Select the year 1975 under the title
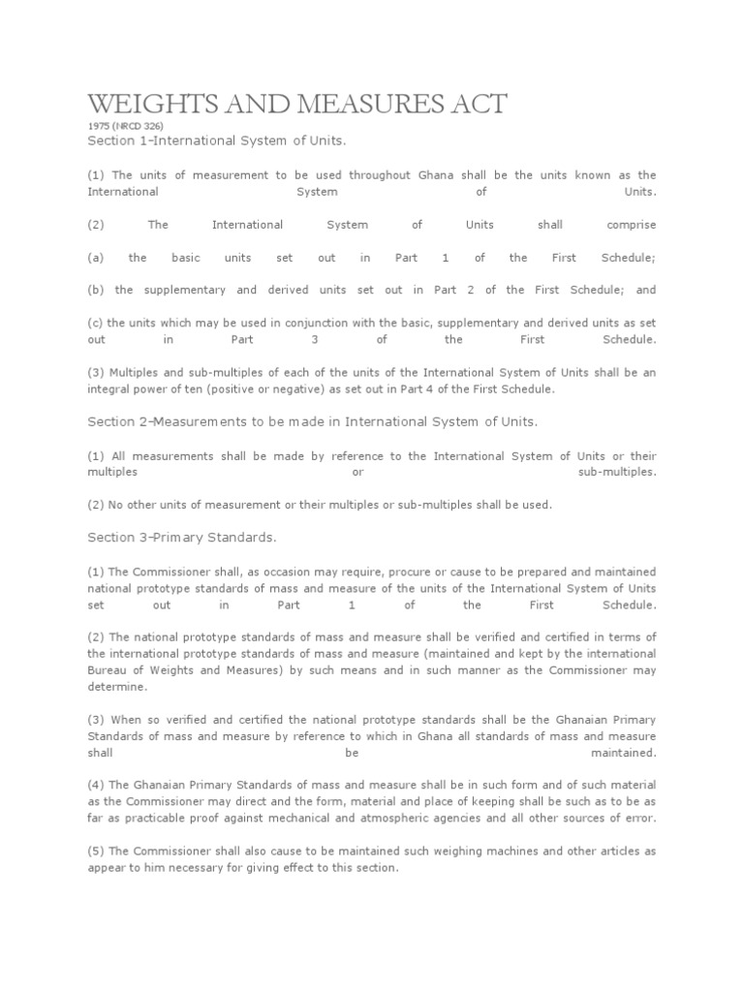[98, 126]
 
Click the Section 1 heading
[216, 141]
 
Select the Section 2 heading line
[311, 421]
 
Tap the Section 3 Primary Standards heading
[181, 537]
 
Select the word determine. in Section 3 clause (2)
[118, 686]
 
